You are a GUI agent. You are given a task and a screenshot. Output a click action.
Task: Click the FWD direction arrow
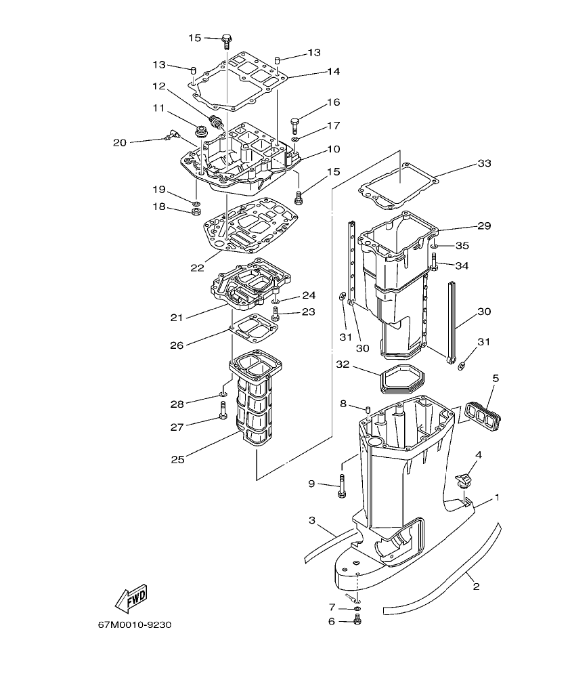click(x=131, y=597)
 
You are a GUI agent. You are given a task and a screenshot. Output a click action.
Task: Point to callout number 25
click(x=177, y=459)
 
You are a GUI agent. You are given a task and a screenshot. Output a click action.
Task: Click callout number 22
click(x=197, y=268)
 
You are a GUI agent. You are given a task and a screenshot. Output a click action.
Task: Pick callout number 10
click(x=332, y=148)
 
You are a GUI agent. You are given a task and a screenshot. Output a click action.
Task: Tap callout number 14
click(x=332, y=71)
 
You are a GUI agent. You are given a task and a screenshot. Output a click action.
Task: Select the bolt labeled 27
click(x=223, y=410)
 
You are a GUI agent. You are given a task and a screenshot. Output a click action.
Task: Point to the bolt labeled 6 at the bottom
click(x=357, y=619)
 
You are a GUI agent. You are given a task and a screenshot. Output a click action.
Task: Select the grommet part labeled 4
click(x=463, y=480)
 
